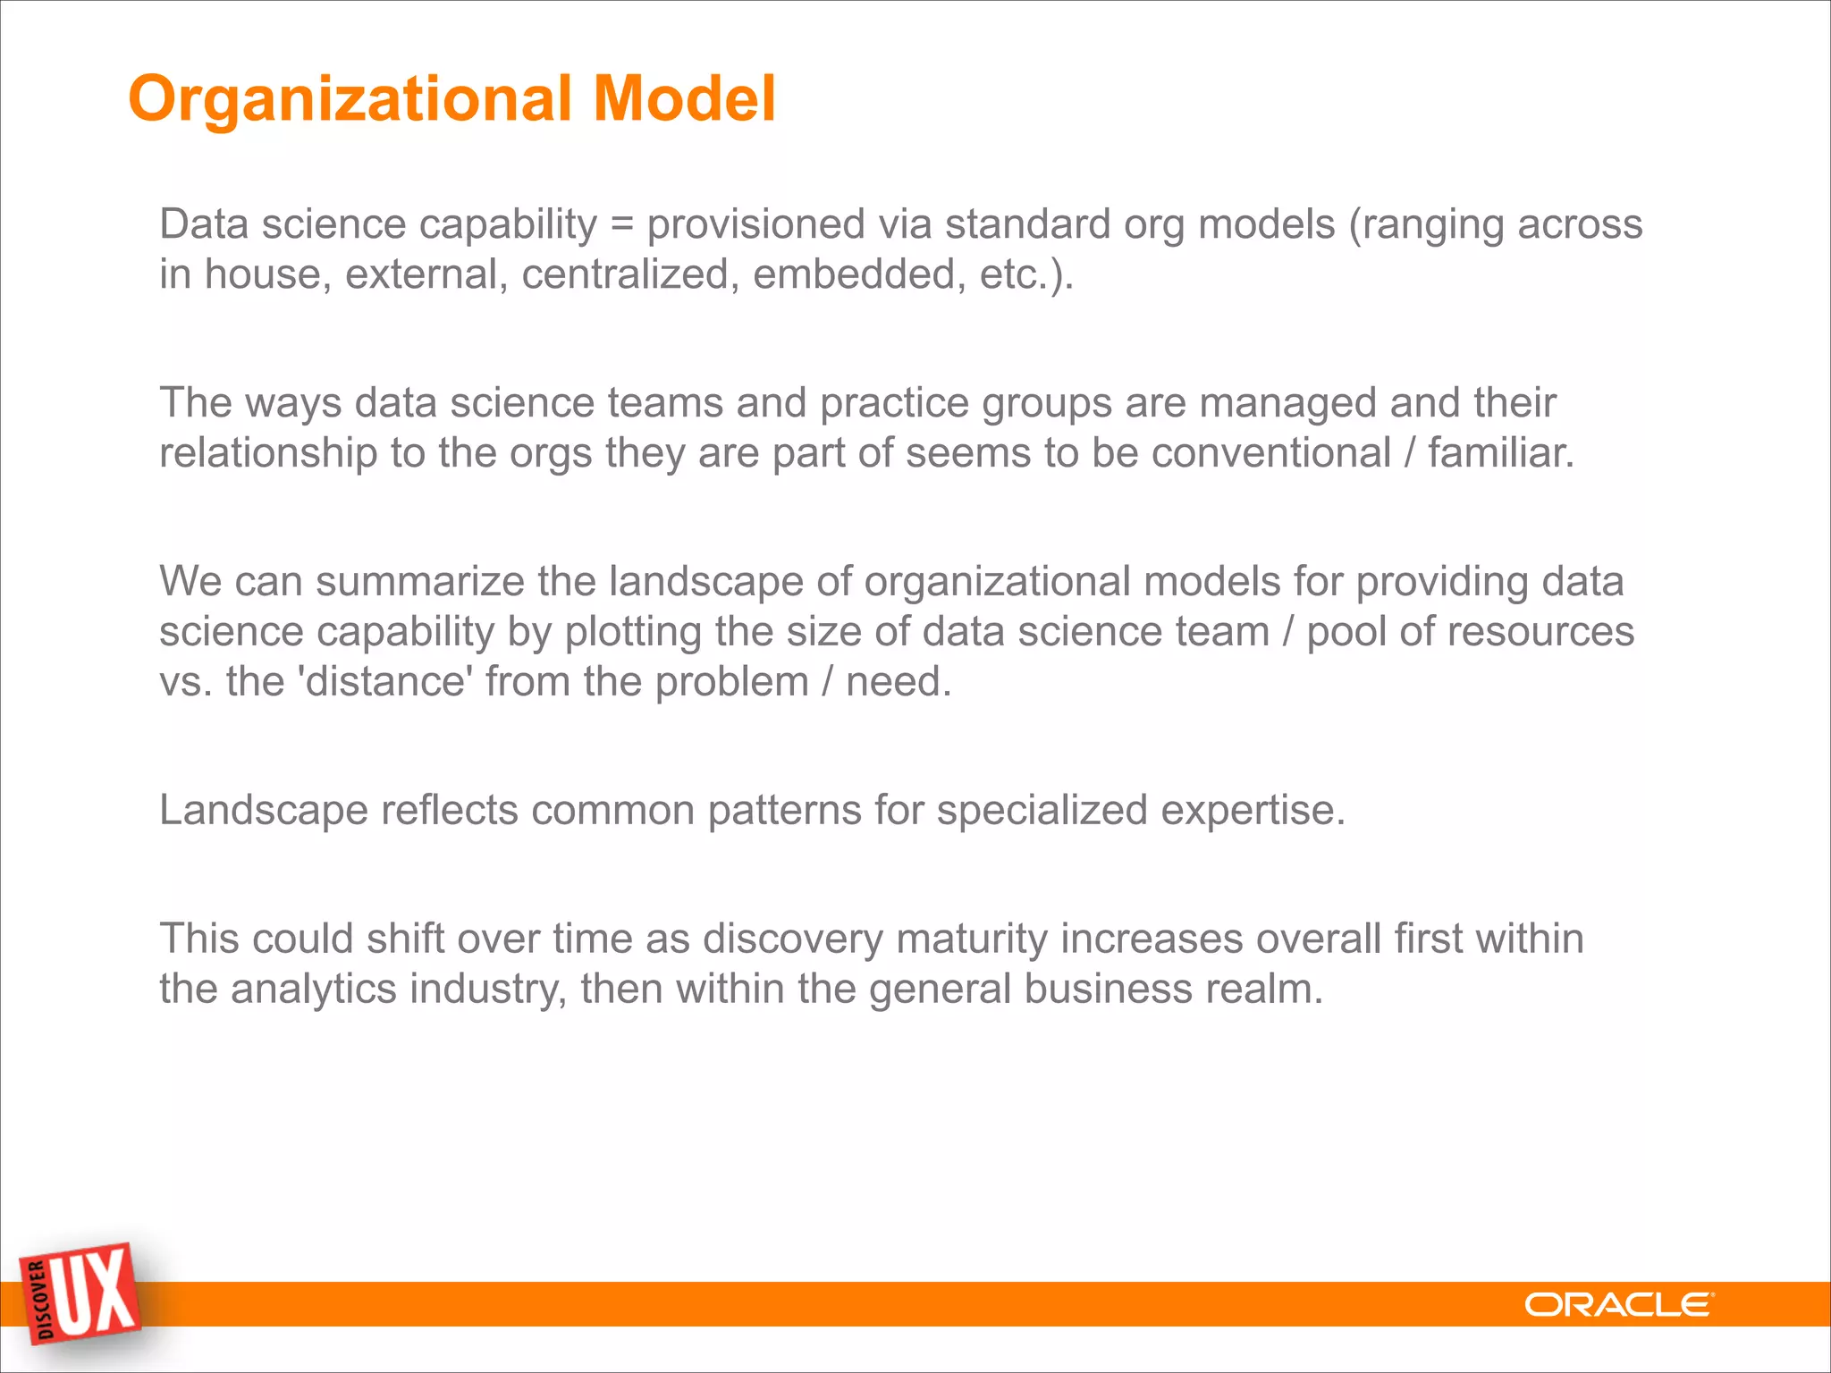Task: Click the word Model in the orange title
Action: [684, 98]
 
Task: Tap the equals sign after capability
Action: [621, 224]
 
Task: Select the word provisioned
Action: [755, 224]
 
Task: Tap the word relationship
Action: [268, 453]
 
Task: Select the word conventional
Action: [1270, 453]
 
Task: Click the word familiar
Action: [1500, 453]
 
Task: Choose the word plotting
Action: [633, 633]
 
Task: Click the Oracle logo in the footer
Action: [1619, 1305]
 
